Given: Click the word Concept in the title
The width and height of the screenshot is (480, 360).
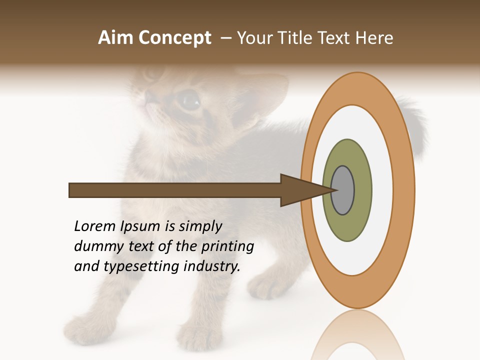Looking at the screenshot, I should click(x=175, y=38).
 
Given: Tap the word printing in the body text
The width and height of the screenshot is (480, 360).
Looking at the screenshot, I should click(x=227, y=246).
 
